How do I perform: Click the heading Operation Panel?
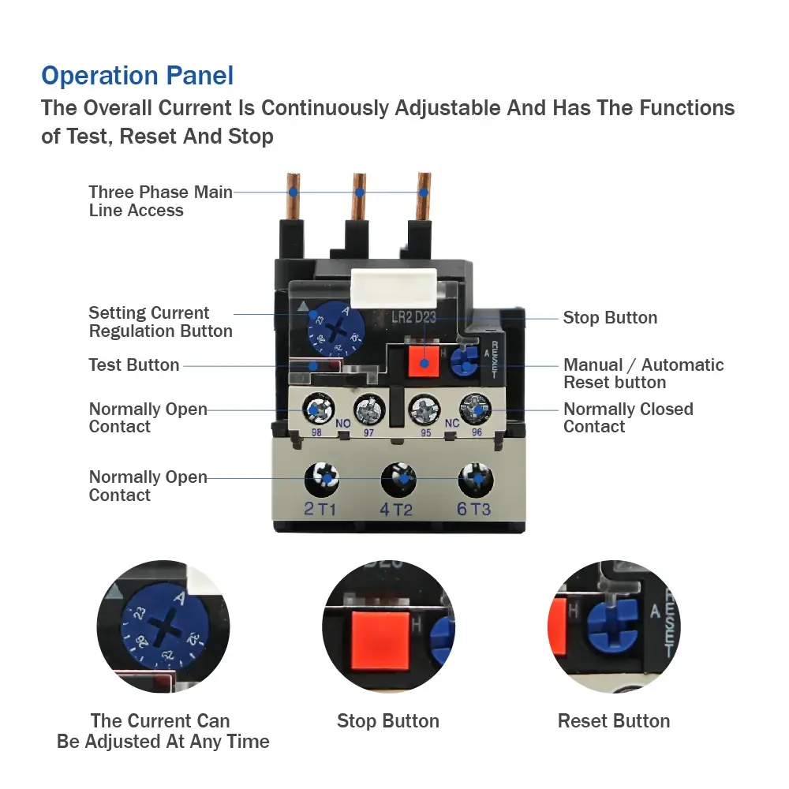[x=137, y=76]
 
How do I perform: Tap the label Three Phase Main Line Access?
[x=160, y=200]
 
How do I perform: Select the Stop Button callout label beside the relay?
[x=610, y=317]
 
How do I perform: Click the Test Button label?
[x=134, y=365]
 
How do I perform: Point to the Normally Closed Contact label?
[x=628, y=417]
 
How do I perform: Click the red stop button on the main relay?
[x=424, y=361]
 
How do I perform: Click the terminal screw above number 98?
[x=318, y=409]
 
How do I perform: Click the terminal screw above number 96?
[x=476, y=409]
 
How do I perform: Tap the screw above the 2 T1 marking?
[x=322, y=479]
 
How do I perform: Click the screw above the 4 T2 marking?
[x=398, y=480]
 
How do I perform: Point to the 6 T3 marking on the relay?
[x=473, y=509]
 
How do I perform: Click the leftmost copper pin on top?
[x=294, y=196]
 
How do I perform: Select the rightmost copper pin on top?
[x=424, y=196]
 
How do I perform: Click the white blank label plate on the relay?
[x=394, y=288]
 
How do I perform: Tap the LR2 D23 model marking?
[x=413, y=317]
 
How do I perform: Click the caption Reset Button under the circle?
[x=614, y=721]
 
